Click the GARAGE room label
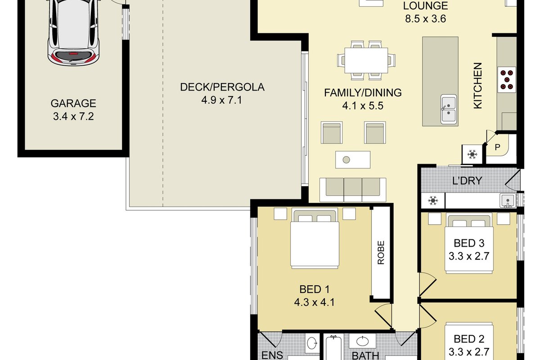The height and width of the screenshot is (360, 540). click(73, 103)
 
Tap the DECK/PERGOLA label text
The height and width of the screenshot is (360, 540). click(222, 87)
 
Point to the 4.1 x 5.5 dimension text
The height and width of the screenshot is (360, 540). click(363, 106)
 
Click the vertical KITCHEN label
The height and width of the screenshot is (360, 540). click(477, 85)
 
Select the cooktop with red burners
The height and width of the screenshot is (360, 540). click(507, 80)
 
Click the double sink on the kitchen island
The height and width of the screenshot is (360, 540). click(448, 109)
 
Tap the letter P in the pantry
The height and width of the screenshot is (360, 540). click(497, 147)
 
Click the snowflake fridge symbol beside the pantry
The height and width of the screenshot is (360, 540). click(472, 154)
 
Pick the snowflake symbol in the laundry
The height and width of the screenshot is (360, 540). click(433, 200)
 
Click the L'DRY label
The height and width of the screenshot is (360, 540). click(467, 180)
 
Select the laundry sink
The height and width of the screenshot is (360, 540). click(508, 201)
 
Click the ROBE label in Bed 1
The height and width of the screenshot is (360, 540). click(381, 252)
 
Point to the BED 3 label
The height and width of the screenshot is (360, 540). click(469, 243)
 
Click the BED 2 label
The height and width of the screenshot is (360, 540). click(469, 339)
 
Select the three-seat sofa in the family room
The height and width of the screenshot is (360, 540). click(353, 190)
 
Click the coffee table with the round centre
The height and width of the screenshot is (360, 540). click(353, 160)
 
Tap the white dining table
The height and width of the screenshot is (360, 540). click(366, 60)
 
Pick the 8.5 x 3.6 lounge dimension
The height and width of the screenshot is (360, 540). click(426, 18)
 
